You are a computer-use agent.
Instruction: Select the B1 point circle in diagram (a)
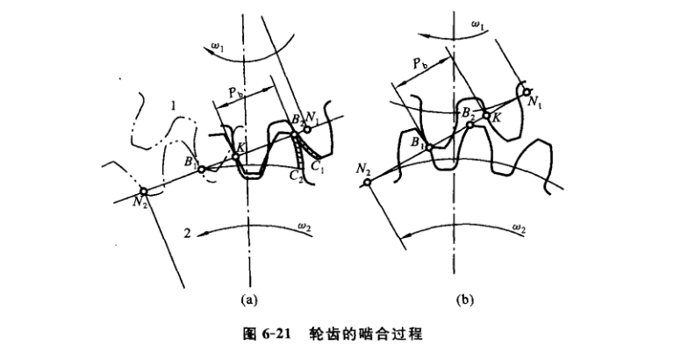(200, 168)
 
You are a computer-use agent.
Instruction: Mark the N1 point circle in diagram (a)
(307, 130)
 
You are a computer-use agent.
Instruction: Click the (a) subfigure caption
(247, 299)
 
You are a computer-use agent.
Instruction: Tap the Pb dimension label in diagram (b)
(419, 64)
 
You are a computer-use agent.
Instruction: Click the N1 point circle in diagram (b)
(527, 91)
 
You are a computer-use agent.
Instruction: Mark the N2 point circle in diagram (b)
(366, 182)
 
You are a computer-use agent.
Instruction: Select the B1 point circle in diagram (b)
(429, 148)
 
